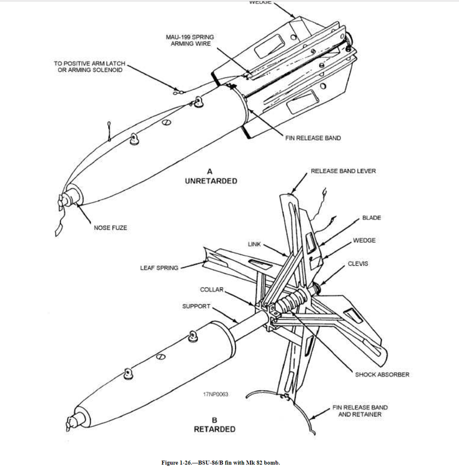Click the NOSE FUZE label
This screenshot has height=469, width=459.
(110, 228)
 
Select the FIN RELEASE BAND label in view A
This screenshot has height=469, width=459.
(313, 138)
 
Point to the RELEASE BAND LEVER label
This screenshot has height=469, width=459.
(343, 171)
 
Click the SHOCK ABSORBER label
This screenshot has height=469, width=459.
(382, 375)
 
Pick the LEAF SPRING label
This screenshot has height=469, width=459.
(159, 268)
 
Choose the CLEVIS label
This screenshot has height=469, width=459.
(358, 263)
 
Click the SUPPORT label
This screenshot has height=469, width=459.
(196, 306)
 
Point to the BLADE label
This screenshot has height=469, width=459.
(371, 218)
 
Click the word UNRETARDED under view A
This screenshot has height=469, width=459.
(210, 181)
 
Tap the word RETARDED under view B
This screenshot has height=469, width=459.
(214, 430)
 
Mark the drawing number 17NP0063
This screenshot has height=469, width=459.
(215, 395)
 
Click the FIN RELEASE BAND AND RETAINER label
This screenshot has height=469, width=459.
(359, 411)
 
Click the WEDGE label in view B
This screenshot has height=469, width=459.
(364, 240)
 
